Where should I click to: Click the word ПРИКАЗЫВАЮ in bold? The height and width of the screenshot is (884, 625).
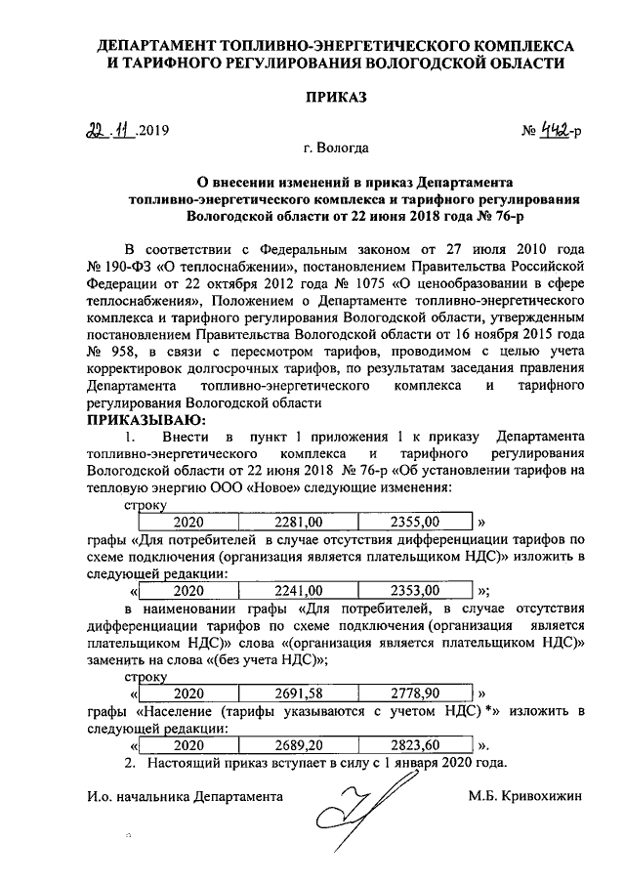(146, 419)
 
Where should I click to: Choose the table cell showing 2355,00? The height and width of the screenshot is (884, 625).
(416, 521)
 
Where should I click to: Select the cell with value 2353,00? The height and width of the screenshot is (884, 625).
(416, 590)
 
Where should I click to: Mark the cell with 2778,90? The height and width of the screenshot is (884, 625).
(416, 693)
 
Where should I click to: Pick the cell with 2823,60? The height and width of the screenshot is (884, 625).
(416, 744)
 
